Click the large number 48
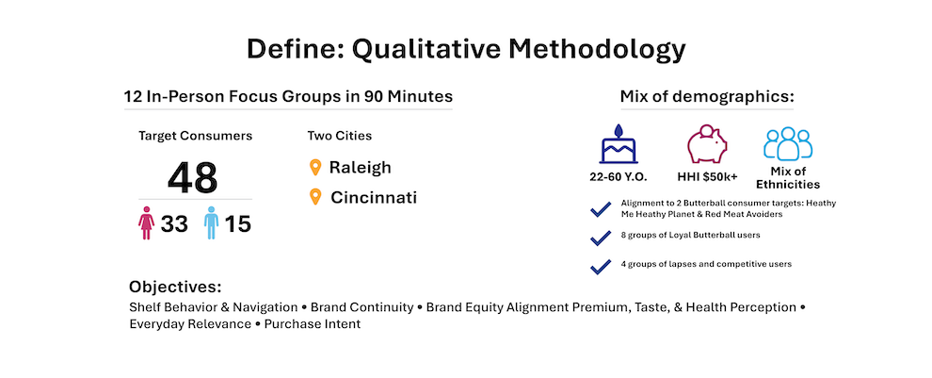pos(193,177)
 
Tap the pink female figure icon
pos(146,223)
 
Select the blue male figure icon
pos(211,223)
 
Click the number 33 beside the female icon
pos(174,224)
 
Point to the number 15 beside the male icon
pos(238,224)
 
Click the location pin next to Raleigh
pos(315,167)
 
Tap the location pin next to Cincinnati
pos(315,197)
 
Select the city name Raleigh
pos(361,167)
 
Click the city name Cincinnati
pos(374,197)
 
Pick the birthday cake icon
pos(619,144)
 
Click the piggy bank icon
pos(707,144)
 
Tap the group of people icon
pos(788,143)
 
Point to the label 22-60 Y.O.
pos(619,177)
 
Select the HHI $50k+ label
pos(707,177)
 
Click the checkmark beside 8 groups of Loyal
pos(601,238)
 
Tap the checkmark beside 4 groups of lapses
pos(601,266)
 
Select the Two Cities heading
pos(340,136)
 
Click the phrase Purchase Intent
pos(313,324)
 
